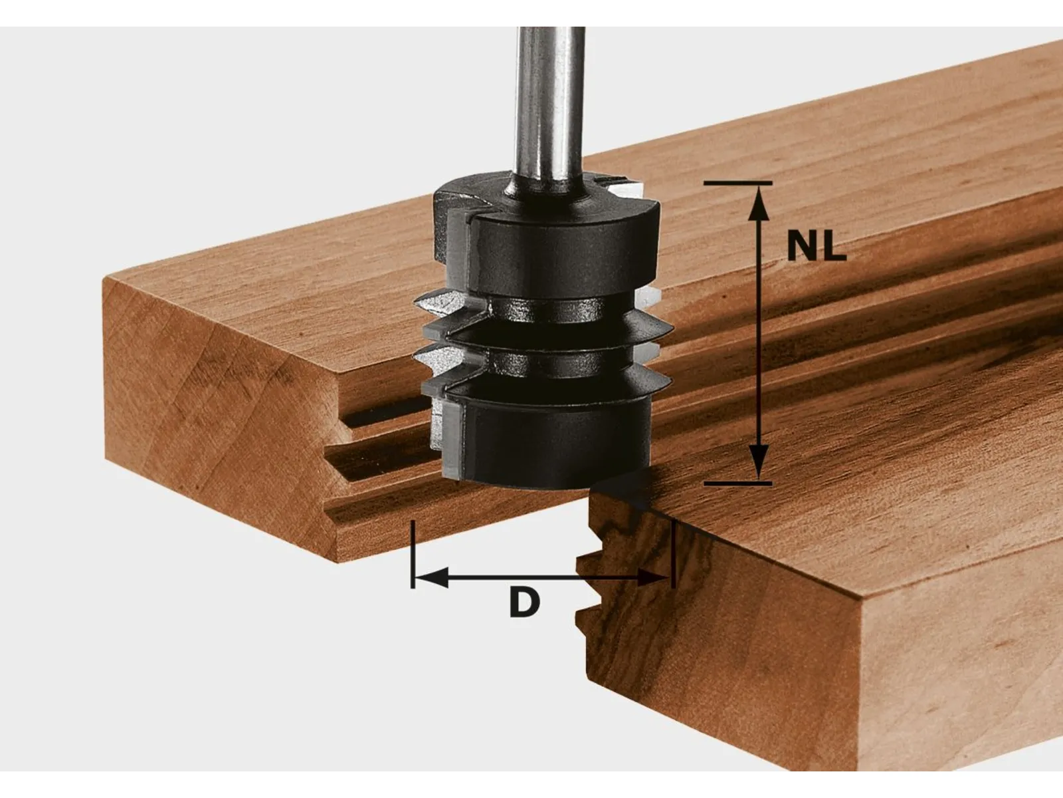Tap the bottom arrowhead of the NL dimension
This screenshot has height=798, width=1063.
point(758,462)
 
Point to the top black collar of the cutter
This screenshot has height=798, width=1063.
point(565,246)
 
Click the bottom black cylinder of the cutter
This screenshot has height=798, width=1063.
point(551,439)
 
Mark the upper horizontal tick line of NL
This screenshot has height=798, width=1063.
point(737,182)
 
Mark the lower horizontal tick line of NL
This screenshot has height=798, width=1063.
point(737,483)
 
